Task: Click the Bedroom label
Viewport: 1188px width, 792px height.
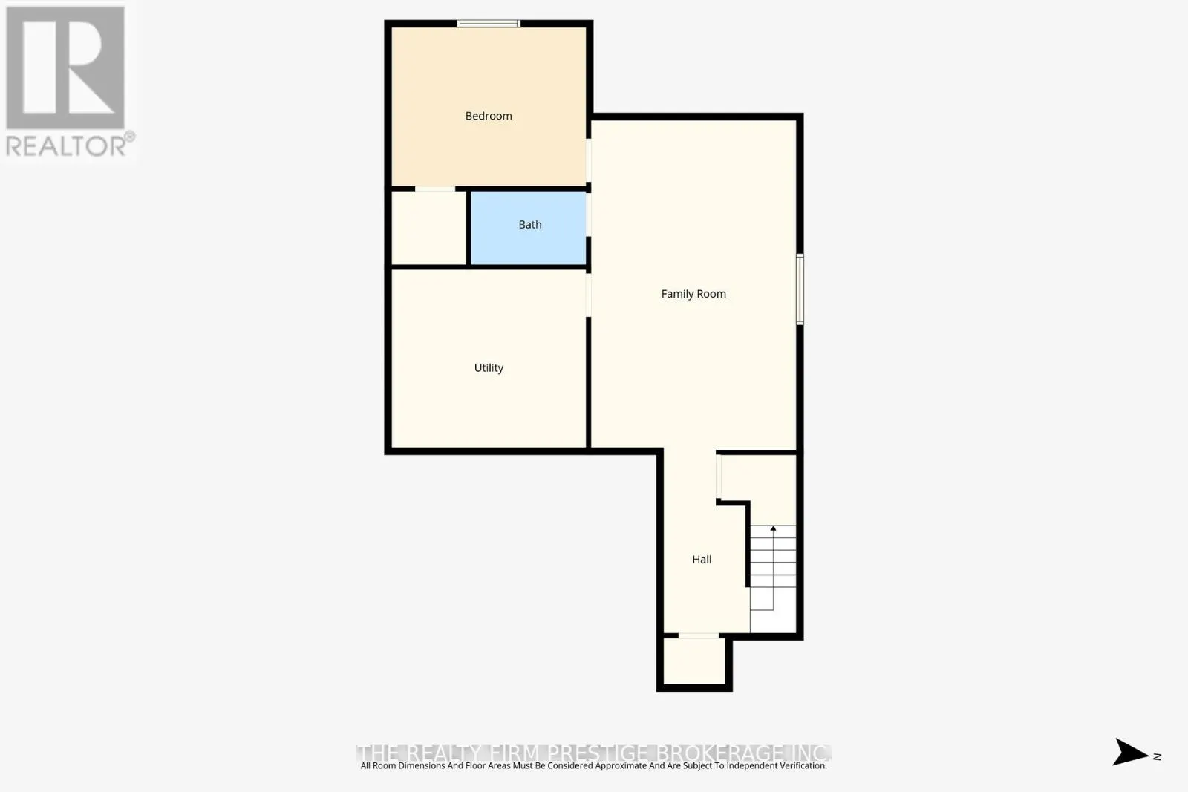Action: (489, 116)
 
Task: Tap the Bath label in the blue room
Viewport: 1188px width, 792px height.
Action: (530, 225)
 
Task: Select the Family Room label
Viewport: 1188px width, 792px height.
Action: (693, 294)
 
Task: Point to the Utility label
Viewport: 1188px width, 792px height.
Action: (489, 368)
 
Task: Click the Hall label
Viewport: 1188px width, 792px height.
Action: (702, 560)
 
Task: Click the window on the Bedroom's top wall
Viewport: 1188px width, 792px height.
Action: (488, 24)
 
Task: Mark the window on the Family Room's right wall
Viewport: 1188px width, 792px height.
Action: (800, 289)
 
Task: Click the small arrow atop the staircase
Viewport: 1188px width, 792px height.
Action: (773, 528)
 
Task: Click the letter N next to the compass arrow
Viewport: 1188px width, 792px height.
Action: (1157, 756)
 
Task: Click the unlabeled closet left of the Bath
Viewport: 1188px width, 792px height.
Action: (429, 228)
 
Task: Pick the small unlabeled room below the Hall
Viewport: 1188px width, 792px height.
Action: (694, 661)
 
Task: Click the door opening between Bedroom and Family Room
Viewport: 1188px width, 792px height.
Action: (589, 160)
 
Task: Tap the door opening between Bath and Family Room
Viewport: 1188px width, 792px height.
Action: (589, 215)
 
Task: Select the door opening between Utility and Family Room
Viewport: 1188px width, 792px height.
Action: (589, 295)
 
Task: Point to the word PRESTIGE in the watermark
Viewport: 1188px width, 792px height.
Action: (598, 753)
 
